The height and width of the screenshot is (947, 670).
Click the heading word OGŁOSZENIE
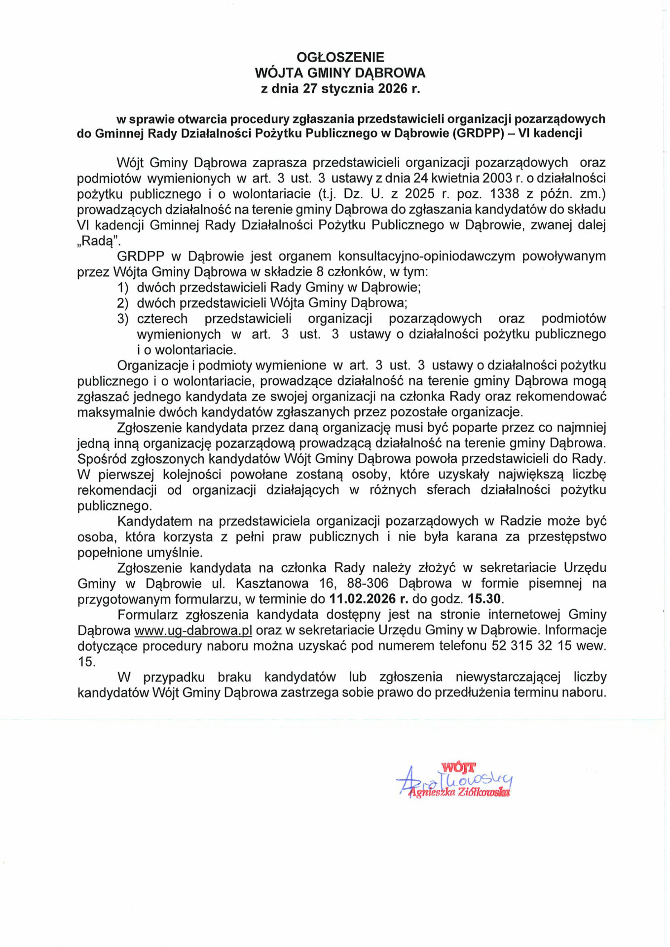tap(340, 57)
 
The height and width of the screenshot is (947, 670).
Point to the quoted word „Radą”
tap(99, 241)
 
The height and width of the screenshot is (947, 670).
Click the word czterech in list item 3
tap(162, 319)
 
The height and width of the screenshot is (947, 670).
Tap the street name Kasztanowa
tap(272, 583)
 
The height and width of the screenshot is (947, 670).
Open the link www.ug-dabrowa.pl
tap(193, 630)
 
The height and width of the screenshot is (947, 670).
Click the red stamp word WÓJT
tap(458, 767)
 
